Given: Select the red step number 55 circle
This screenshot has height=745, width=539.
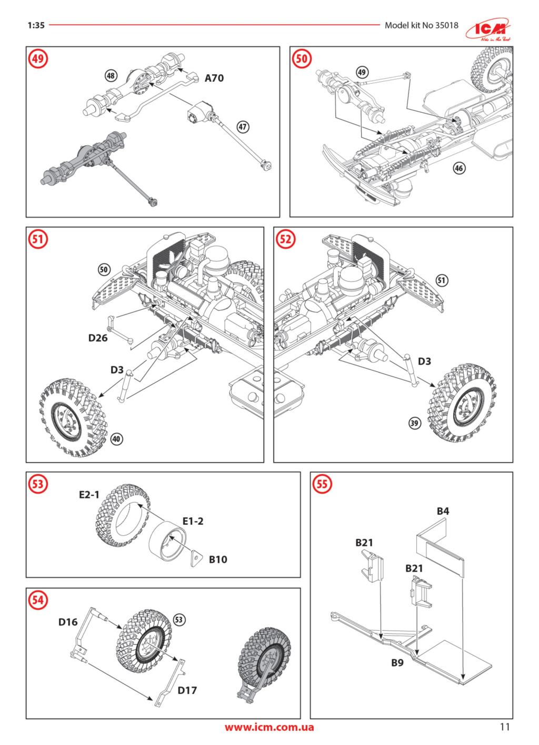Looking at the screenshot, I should point(322,484).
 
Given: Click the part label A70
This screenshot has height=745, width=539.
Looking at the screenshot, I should point(214,78).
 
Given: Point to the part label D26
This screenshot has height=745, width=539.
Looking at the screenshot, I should point(98,338).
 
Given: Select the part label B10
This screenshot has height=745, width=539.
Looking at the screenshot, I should point(218,560).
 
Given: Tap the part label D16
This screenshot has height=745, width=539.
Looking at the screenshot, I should point(68,622).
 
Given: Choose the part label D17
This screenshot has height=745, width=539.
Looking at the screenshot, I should point(187,690).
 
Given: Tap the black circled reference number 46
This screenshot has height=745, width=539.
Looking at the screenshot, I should point(460,168).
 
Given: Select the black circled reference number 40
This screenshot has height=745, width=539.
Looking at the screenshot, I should point(117,438).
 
